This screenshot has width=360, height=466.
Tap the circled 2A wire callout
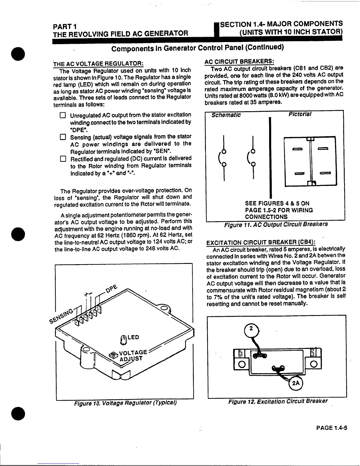tap(296, 383)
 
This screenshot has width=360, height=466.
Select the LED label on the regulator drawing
tap(133, 337)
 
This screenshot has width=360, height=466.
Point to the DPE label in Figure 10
tap(112, 289)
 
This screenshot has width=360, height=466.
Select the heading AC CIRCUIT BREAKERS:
tap(239, 61)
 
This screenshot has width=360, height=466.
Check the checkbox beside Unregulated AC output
tap(62, 115)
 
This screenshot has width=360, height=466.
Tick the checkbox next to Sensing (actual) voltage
tap(62, 137)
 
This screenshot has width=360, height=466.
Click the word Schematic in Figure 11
tap(226, 115)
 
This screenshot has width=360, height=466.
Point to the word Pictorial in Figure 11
tap(300, 114)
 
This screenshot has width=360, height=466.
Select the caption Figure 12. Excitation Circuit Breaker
tap(278, 401)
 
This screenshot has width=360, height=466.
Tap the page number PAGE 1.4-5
tap(332, 427)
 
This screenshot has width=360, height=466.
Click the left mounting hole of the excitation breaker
tap(242, 364)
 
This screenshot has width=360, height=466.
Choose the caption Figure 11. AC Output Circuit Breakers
tap(276, 224)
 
